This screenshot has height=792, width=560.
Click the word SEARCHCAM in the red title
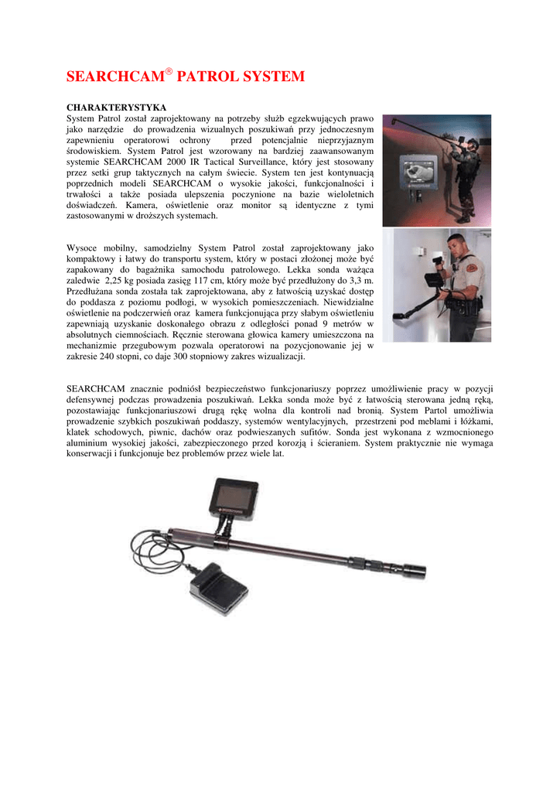(115, 77)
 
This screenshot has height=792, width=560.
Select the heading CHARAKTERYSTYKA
(116, 106)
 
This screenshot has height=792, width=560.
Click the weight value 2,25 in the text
(118, 281)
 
